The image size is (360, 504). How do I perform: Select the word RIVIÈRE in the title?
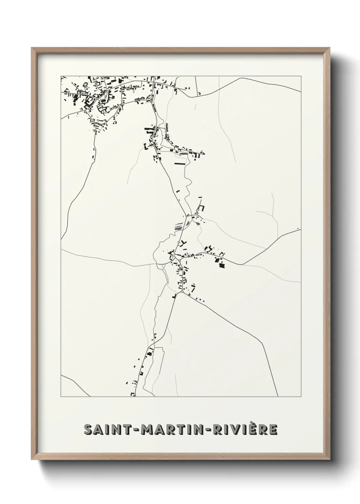[245, 430]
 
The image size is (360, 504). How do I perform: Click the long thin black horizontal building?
[180, 164]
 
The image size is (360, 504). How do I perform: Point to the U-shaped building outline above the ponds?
[201, 208]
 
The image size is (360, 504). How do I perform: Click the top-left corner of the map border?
[61, 76]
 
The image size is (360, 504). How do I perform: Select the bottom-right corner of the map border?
[301, 396]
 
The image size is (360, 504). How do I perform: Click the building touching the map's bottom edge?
[133, 394]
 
